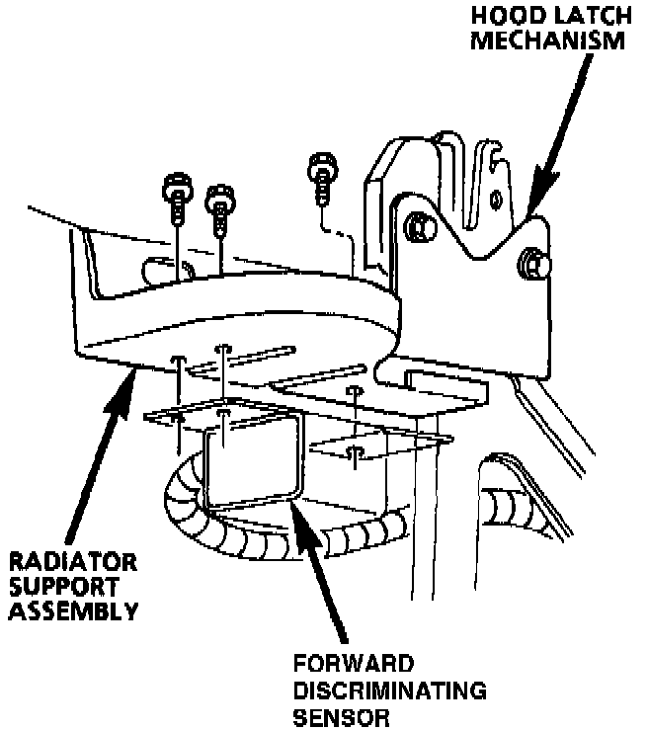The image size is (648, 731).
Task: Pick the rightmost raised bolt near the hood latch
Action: (321, 169)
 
